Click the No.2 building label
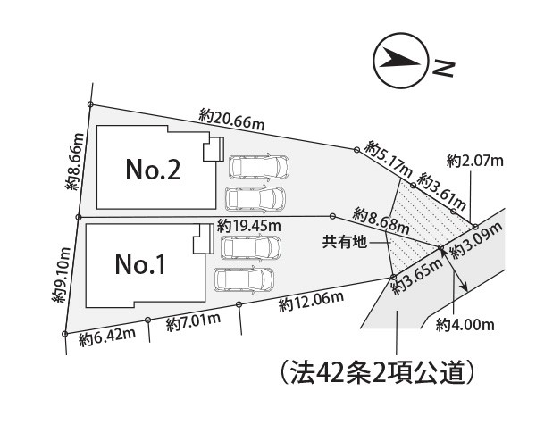pyautogui.click(x=153, y=170)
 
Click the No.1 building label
pyautogui.click(x=140, y=264)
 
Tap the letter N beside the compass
pyautogui.click(x=443, y=69)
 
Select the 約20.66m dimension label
pyautogui.click(x=231, y=120)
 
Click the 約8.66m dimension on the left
pyautogui.click(x=74, y=161)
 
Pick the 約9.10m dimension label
pyautogui.click(x=61, y=275)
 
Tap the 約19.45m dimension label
pyautogui.click(x=249, y=226)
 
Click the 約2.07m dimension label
pyautogui.click(x=475, y=161)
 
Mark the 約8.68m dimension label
pyautogui.click(x=381, y=220)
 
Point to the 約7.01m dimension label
pyautogui.click(x=193, y=322)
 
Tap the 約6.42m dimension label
pyautogui.click(x=107, y=337)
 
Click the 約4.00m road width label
pyautogui.click(x=465, y=325)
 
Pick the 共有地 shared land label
pyautogui.click(x=345, y=242)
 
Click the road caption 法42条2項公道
pyautogui.click(x=377, y=372)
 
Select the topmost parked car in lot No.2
pyautogui.click(x=259, y=167)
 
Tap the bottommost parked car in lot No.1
pyautogui.click(x=244, y=279)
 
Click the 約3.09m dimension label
pyautogui.click(x=478, y=240)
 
